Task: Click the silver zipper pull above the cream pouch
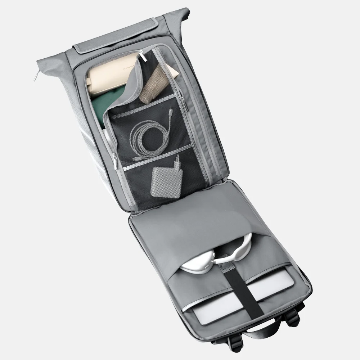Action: (x=143, y=56)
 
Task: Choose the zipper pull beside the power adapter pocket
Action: (x=115, y=162)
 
